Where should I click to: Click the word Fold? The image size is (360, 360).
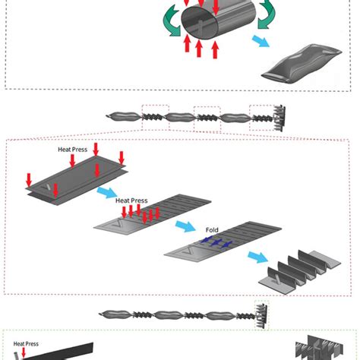[212, 230]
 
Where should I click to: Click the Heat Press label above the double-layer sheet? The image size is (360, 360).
[73, 150]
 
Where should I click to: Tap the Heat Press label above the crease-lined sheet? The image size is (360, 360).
[131, 201]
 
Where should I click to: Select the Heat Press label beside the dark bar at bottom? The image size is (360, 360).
[26, 344]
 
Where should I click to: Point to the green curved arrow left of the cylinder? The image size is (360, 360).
[171, 21]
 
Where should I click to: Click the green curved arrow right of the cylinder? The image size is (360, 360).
[267, 14]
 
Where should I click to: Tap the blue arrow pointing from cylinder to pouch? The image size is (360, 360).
[261, 41]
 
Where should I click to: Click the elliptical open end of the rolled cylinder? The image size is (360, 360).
[200, 23]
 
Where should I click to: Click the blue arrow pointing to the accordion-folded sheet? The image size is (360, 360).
[257, 257]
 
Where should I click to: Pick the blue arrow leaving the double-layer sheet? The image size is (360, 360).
[107, 192]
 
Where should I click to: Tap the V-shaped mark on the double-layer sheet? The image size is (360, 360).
[46, 188]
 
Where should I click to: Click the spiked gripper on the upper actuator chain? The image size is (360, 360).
[279, 118]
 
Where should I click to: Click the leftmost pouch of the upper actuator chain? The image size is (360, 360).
[122, 116]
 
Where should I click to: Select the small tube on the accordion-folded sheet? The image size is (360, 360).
[277, 279]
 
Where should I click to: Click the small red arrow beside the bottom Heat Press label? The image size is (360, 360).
[24, 352]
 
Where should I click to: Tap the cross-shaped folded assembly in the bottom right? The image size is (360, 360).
[320, 348]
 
